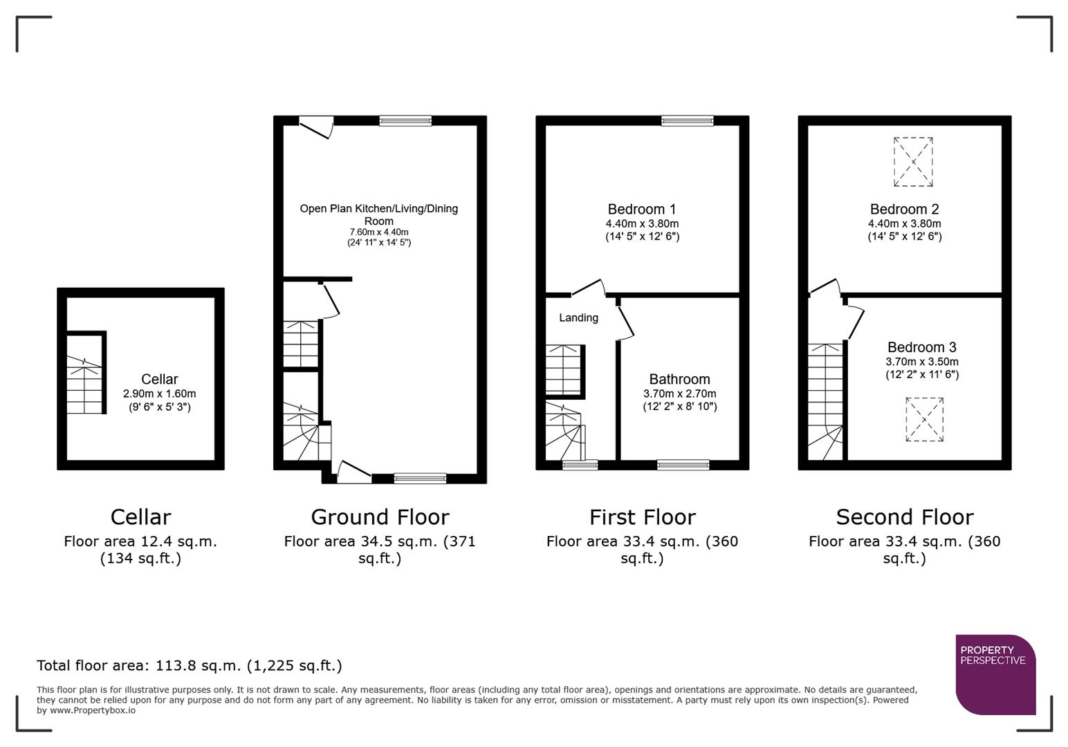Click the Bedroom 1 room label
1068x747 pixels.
coord(641,209)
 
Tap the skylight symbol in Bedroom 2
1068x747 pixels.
coord(913,162)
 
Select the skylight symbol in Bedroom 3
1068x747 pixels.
coord(924,419)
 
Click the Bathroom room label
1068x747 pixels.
coord(679,379)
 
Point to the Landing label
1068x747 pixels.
coord(578,317)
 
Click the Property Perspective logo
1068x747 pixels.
coord(995,674)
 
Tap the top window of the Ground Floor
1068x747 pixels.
coord(405,121)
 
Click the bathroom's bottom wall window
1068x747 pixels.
coord(683,465)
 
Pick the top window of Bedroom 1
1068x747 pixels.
coord(687,121)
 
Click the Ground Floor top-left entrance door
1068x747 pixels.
coord(316,127)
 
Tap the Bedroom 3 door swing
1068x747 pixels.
coord(855,320)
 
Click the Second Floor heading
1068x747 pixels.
coord(904,517)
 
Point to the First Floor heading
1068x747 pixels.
coord(642,517)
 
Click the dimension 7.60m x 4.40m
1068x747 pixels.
coord(379,232)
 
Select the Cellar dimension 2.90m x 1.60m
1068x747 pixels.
coord(159,394)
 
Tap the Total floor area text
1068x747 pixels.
coord(189,665)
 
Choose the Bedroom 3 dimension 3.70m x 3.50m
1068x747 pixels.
coord(922,362)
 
